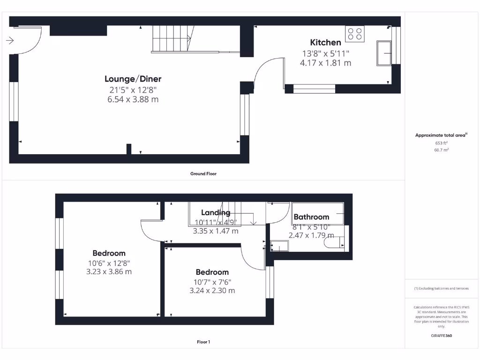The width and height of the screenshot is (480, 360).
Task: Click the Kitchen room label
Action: coord(325,43)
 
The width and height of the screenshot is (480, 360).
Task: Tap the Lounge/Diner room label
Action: coord(133,79)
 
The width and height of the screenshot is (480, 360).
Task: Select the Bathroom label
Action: coord(311,217)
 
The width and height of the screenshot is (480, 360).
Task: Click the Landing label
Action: coord(216,213)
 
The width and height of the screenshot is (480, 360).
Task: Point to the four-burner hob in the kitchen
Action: coord(355,33)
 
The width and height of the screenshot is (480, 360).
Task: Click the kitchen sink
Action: coord(385,53)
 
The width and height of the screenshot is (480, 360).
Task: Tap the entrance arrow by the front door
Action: coord(9,41)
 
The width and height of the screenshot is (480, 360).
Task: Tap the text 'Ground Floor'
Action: coord(203,173)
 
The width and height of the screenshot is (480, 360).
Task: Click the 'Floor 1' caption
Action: coord(203,342)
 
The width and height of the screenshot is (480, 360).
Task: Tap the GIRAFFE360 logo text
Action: coord(441,336)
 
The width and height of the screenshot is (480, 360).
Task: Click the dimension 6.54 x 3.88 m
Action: coord(133,99)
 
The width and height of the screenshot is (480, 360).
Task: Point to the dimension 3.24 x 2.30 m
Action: coord(212,291)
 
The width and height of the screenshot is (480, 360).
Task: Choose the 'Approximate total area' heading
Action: coord(441,135)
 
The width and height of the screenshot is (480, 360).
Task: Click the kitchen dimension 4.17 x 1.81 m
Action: coord(325,63)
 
